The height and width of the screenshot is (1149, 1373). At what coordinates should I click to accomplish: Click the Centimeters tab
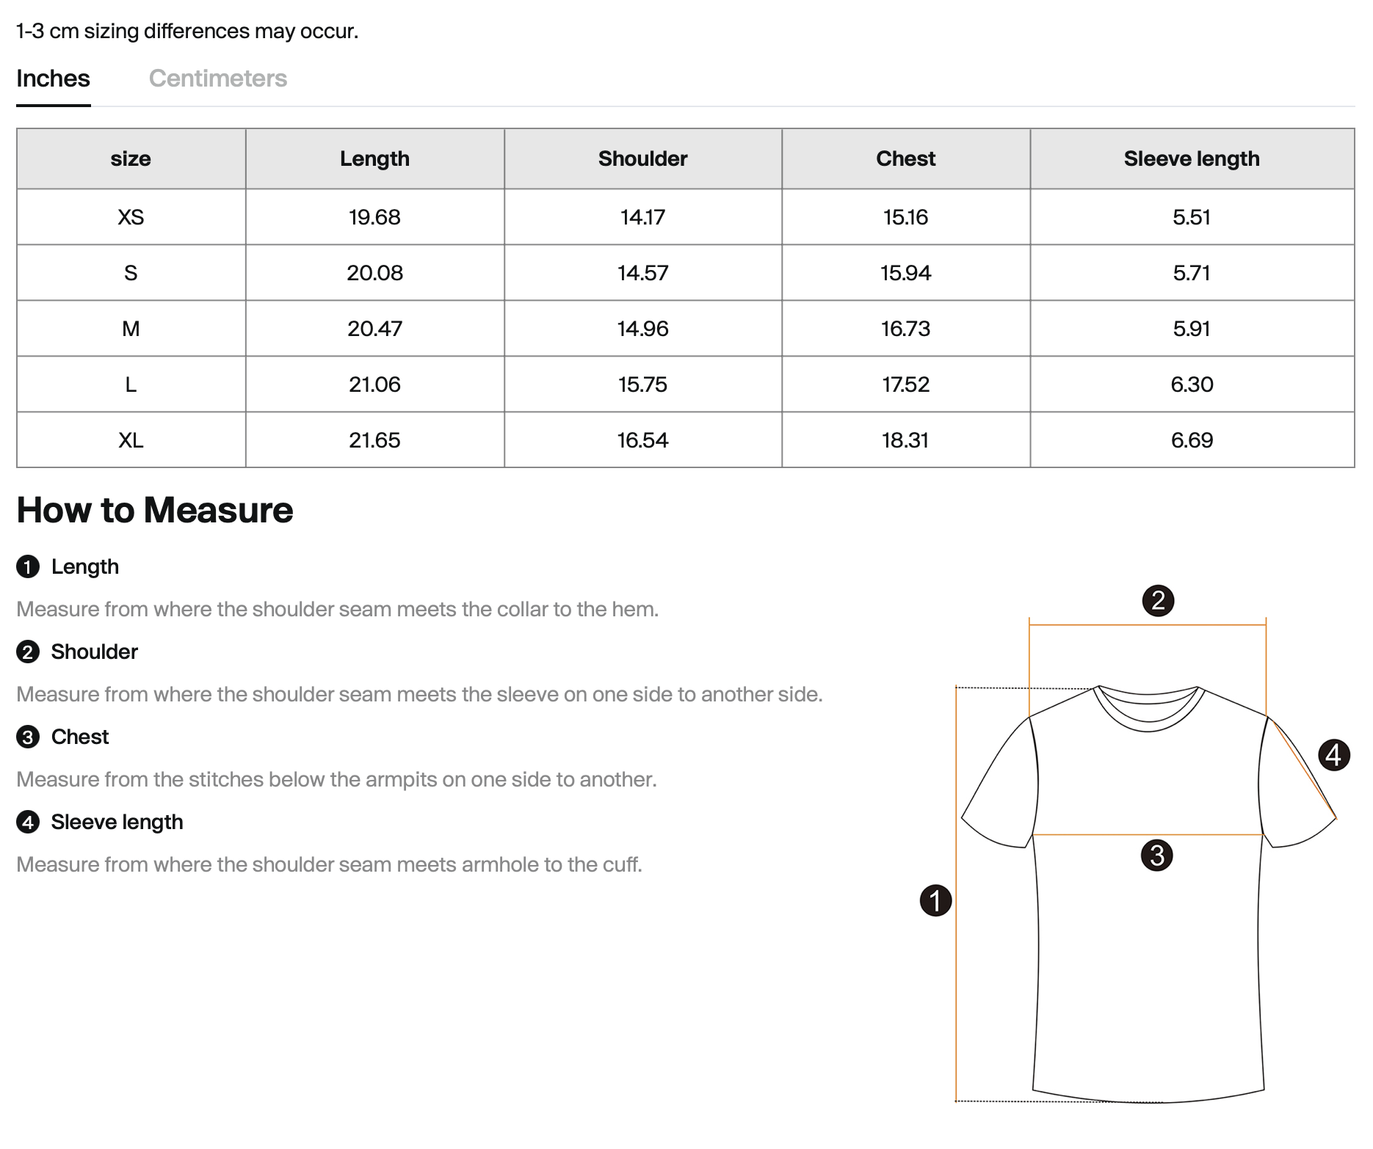pyautogui.click(x=217, y=79)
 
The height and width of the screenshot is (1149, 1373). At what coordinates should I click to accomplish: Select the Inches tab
pyautogui.click(x=53, y=79)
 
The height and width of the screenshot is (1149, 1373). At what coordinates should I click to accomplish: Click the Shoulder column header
pyautogui.click(x=642, y=158)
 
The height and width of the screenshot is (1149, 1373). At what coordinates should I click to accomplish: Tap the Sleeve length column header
pyautogui.click(x=1191, y=158)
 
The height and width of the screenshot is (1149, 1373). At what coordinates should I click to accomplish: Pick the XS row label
pyautogui.click(x=131, y=217)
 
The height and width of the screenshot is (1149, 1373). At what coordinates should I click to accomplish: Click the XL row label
pyautogui.click(x=131, y=440)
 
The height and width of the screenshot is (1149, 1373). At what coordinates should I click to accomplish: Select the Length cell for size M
pyautogui.click(x=374, y=329)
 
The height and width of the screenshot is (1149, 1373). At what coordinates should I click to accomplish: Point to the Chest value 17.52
pyautogui.click(x=905, y=384)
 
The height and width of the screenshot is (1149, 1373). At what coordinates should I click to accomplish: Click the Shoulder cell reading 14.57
pyautogui.click(x=642, y=273)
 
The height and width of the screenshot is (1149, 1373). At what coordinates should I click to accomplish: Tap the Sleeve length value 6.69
pyautogui.click(x=1191, y=440)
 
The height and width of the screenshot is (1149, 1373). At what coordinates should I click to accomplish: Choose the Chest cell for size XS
pyautogui.click(x=905, y=217)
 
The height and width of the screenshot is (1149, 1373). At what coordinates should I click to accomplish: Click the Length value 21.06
pyautogui.click(x=374, y=384)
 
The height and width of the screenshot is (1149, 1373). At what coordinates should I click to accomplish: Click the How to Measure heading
pyautogui.click(x=154, y=510)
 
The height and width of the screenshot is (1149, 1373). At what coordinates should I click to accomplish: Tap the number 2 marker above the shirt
pyautogui.click(x=1158, y=601)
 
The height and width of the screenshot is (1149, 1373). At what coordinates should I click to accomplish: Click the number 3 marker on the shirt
pyautogui.click(x=1157, y=856)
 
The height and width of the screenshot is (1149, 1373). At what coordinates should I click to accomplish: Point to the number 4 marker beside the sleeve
pyautogui.click(x=1333, y=755)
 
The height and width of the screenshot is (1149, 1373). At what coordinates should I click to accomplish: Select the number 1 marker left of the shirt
pyautogui.click(x=935, y=900)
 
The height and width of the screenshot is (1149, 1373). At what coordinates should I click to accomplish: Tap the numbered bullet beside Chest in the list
pyautogui.click(x=28, y=737)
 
